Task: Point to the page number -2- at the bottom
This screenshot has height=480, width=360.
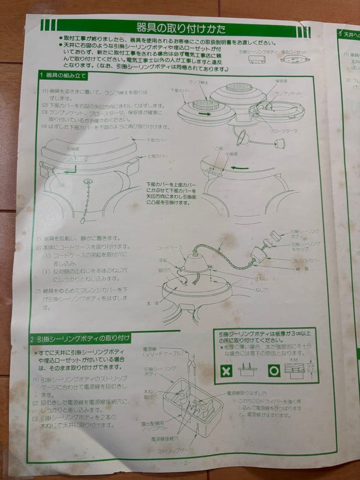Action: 185,462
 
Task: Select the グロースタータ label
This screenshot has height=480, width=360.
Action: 284,131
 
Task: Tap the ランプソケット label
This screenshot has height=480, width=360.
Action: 288,93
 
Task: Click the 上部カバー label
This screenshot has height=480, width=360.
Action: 157,156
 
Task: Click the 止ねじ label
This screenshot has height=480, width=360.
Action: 261,279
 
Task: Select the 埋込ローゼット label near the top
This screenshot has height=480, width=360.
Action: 294,52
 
